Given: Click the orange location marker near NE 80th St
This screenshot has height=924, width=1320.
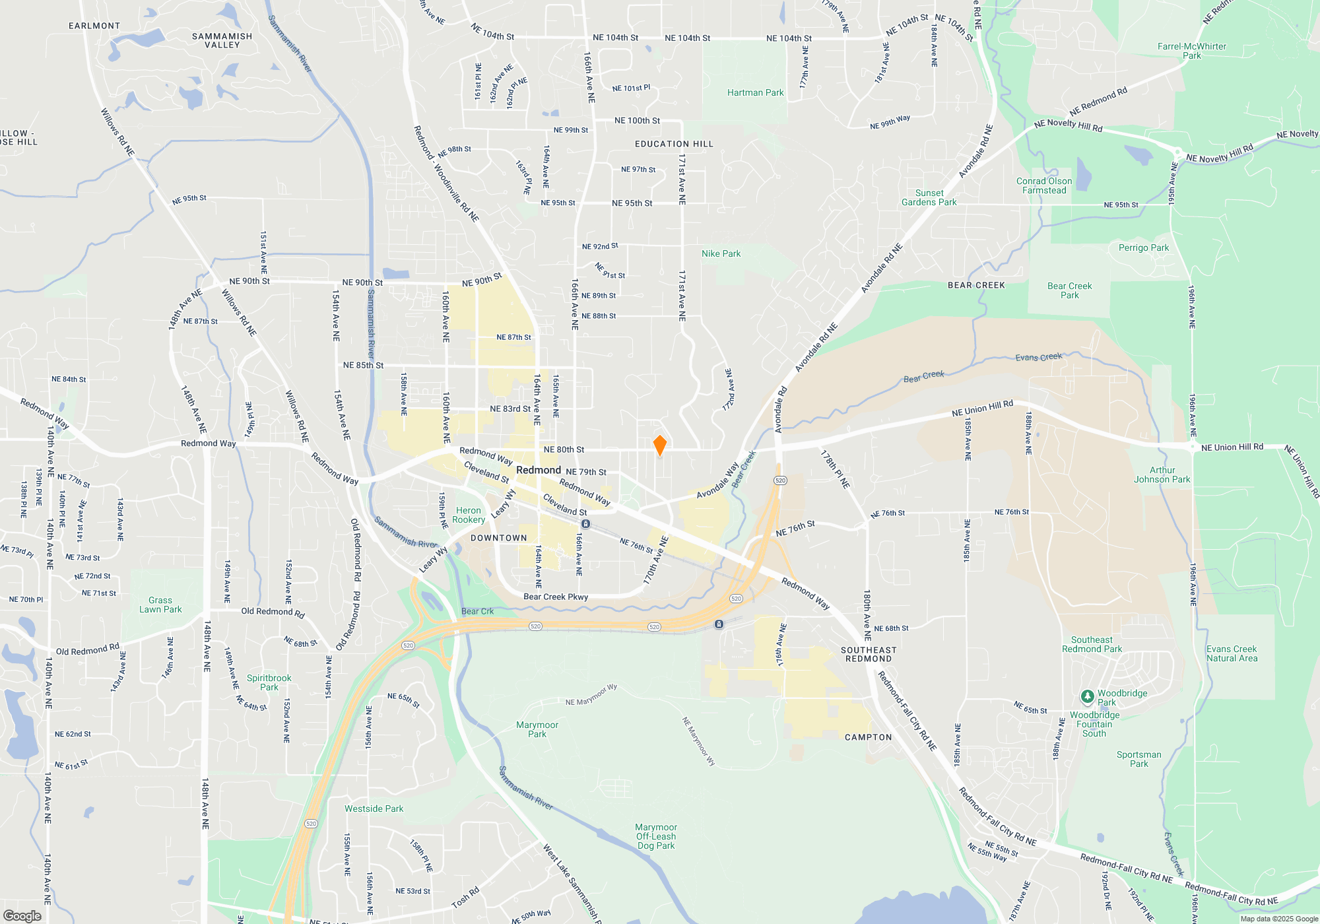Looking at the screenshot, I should [659, 445].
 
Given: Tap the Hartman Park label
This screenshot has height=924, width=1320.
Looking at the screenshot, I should [755, 93].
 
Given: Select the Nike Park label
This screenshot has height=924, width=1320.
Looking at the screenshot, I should [721, 254].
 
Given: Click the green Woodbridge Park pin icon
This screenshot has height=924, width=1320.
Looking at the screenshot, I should [1087, 697].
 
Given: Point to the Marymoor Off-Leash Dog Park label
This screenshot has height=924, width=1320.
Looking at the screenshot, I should [656, 836].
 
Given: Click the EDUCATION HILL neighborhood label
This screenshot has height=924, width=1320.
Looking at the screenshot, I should [674, 144].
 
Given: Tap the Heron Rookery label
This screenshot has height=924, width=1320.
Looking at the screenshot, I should [469, 515].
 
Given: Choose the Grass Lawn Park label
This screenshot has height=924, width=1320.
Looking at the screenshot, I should [160, 605].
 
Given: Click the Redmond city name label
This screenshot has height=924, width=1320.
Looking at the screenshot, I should [538, 470].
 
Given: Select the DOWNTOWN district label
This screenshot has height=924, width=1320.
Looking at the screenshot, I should [499, 538].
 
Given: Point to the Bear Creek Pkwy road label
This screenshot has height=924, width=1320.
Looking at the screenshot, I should [556, 597].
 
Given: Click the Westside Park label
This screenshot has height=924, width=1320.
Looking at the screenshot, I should [374, 808].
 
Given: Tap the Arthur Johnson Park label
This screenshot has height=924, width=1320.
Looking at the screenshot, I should [1162, 475].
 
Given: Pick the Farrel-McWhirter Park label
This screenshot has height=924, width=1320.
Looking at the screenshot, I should [1191, 51].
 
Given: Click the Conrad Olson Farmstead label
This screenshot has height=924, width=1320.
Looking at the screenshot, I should [1044, 185].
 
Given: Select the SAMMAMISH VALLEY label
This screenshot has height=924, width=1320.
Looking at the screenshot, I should [222, 40].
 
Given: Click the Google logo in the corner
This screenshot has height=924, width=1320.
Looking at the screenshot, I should [22, 915].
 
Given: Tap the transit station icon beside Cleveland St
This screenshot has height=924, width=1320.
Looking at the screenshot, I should [585, 524].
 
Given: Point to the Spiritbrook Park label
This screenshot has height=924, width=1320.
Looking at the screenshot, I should [269, 682].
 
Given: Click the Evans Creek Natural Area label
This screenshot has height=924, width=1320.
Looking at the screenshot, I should [1232, 653].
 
